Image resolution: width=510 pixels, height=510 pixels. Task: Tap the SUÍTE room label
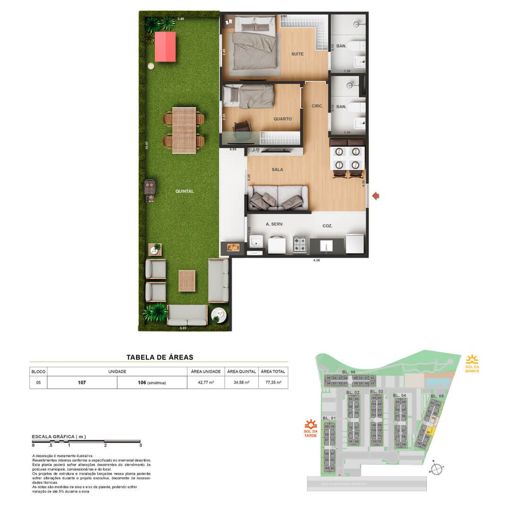click(x=297, y=54)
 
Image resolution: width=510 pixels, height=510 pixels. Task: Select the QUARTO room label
click(x=282, y=119)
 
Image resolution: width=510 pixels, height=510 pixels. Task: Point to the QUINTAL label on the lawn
click(x=184, y=191)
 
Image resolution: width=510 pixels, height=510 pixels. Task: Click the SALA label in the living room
click(x=277, y=169)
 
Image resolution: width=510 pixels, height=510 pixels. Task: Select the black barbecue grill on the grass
click(x=149, y=190)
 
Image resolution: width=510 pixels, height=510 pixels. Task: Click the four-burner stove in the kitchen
click(x=299, y=244)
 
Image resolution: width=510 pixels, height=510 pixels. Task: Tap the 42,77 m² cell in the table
click(x=206, y=382)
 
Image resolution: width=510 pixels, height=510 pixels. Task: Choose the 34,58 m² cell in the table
click(x=242, y=382)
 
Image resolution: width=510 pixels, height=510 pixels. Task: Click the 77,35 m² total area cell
click(x=273, y=382)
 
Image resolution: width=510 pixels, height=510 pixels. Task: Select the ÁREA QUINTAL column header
click(x=242, y=372)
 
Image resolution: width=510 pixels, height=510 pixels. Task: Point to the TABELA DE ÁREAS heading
click(x=160, y=357)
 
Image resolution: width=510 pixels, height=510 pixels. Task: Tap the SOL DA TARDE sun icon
click(x=310, y=424)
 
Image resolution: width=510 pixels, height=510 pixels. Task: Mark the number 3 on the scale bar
click(x=141, y=445)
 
